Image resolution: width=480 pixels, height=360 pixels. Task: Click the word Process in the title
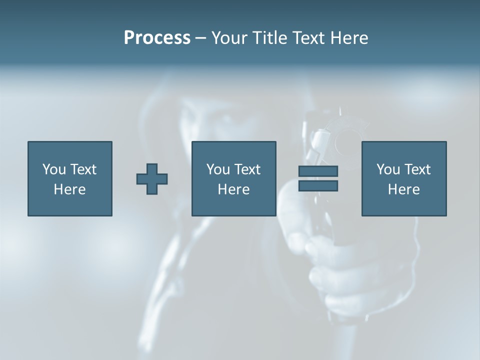point(157,38)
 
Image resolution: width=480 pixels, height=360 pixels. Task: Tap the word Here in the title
point(349,38)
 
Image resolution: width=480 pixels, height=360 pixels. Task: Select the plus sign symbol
point(152,179)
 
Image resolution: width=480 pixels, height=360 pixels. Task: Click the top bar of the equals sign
point(318,171)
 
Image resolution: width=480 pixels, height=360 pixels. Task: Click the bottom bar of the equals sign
point(318,185)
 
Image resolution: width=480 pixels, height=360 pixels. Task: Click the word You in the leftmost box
point(54,169)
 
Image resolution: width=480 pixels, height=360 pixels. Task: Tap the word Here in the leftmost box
point(70,189)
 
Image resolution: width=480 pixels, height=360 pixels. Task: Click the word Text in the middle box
point(247,169)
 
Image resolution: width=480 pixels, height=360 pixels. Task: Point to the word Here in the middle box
point(233,189)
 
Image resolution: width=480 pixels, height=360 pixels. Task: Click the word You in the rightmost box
point(388,169)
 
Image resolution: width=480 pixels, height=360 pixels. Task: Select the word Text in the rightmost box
point(417,169)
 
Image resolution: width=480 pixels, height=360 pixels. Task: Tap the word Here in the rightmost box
point(403,189)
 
